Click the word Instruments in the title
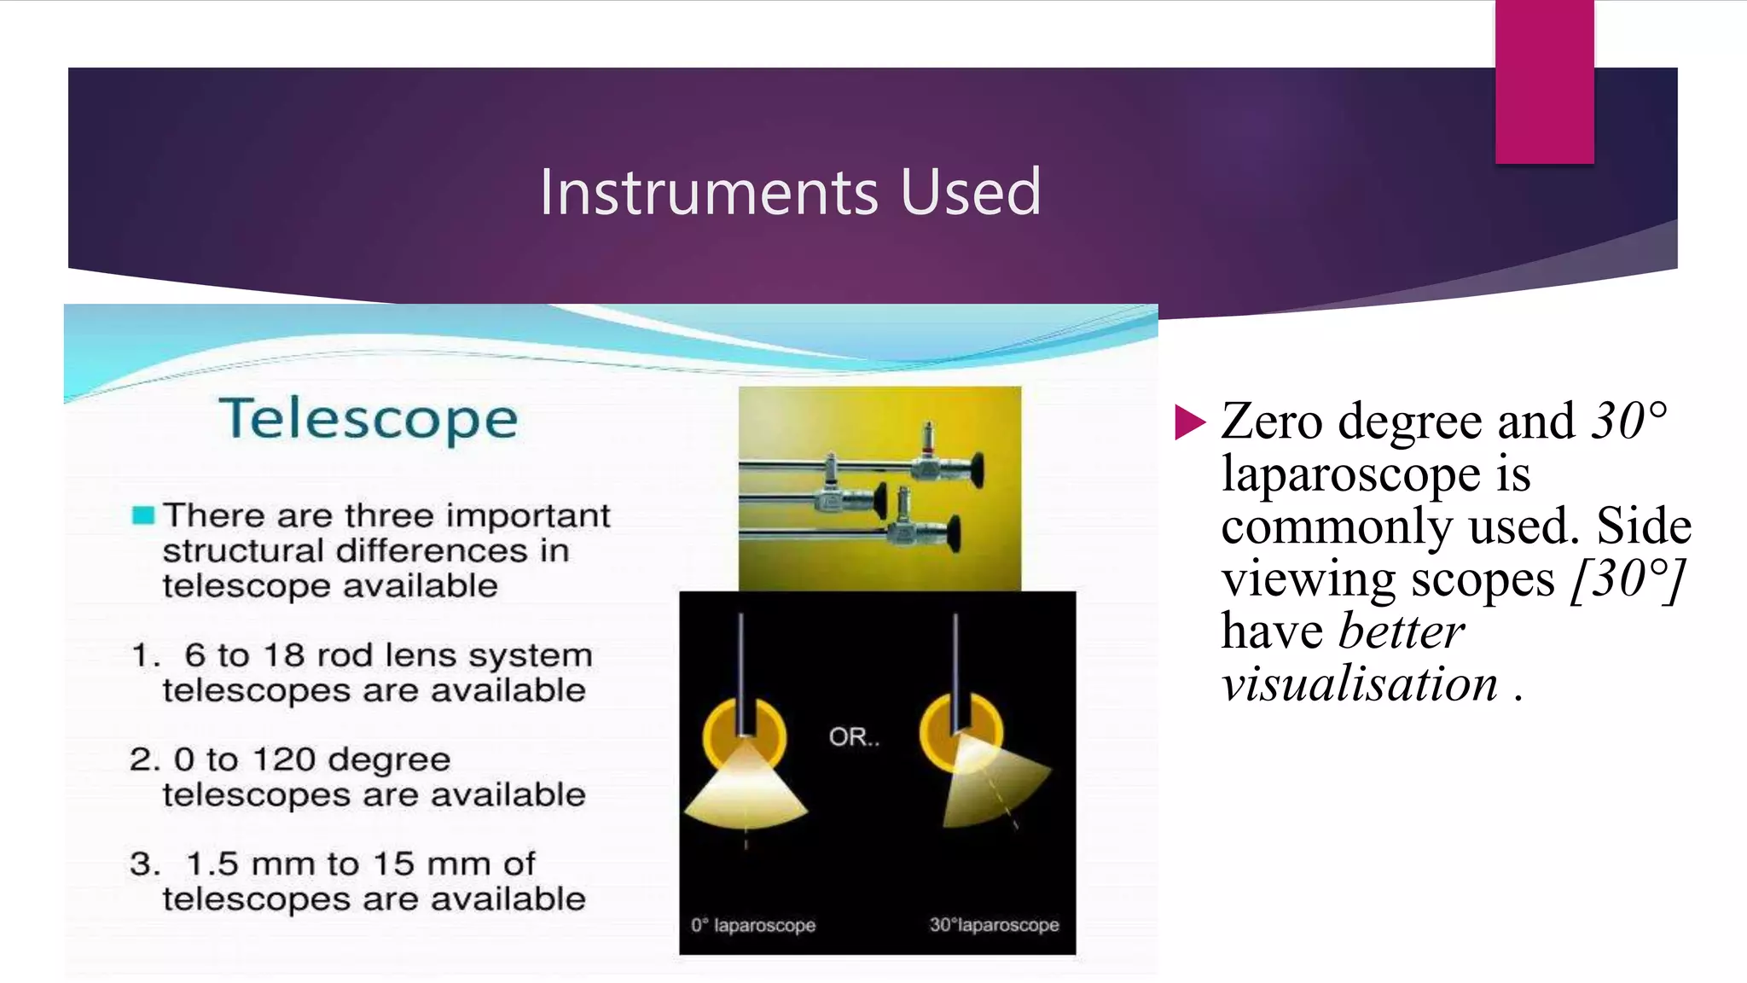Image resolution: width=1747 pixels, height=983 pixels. (x=708, y=192)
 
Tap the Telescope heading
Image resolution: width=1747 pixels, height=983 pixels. (x=369, y=419)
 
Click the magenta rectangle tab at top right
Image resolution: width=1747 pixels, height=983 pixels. (x=1544, y=82)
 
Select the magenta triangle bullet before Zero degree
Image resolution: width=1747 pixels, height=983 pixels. (x=1189, y=422)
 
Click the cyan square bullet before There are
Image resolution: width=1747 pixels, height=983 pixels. (x=143, y=515)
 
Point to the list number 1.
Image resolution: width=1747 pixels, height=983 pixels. (x=145, y=655)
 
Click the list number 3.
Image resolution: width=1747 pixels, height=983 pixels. (x=145, y=864)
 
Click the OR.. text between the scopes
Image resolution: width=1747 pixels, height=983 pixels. (x=854, y=736)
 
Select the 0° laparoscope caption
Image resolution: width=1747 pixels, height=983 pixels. (x=752, y=925)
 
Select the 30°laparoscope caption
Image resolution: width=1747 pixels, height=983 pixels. (x=994, y=925)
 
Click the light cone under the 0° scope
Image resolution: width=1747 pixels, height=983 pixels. (x=746, y=789)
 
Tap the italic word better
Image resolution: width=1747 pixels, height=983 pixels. (x=1401, y=631)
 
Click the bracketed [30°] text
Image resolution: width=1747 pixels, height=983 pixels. (x=1627, y=579)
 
